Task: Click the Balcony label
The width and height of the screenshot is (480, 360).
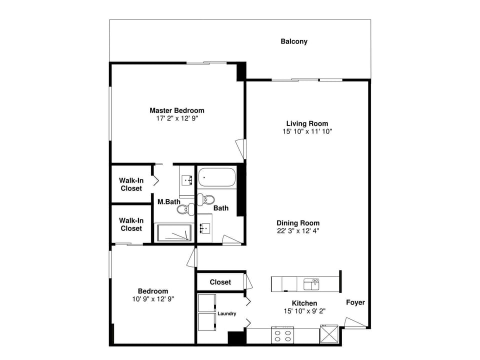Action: (x=293, y=41)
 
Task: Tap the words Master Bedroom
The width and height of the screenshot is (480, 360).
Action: (x=177, y=110)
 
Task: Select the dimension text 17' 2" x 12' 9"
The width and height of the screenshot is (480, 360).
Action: (x=177, y=119)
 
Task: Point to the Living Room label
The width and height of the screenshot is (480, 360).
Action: (x=307, y=123)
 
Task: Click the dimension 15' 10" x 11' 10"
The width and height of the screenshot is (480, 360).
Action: (x=307, y=131)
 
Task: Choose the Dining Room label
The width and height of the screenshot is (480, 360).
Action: (x=298, y=223)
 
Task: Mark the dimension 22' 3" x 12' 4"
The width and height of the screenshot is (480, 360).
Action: (x=298, y=231)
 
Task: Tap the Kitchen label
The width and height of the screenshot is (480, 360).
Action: (x=304, y=303)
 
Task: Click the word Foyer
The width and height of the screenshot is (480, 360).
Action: (x=355, y=302)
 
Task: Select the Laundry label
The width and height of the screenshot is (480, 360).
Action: (x=226, y=314)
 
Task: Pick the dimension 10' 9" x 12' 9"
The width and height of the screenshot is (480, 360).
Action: (x=153, y=299)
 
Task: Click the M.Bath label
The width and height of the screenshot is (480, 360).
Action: (x=169, y=202)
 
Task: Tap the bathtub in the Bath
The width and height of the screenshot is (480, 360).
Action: (x=217, y=177)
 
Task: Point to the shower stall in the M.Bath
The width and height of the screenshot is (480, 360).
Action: (x=174, y=232)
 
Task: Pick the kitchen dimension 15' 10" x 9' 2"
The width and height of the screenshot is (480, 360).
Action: (x=304, y=311)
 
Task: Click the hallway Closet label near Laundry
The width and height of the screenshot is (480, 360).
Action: (x=220, y=282)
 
